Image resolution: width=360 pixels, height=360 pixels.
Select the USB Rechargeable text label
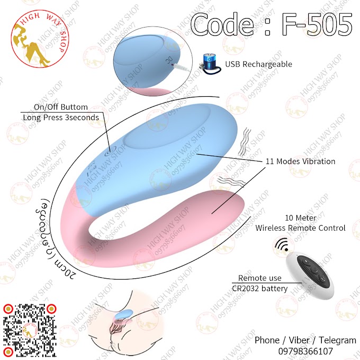click(259, 64)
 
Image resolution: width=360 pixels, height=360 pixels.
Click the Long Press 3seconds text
click(61, 118)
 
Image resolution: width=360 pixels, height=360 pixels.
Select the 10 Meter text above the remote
click(300, 218)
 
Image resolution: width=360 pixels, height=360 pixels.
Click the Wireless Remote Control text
click(300, 228)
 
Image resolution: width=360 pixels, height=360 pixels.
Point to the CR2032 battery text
click(263, 289)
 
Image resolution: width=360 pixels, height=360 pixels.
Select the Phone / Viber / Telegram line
click(305, 340)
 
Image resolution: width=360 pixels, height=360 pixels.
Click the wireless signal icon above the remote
click(281, 244)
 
